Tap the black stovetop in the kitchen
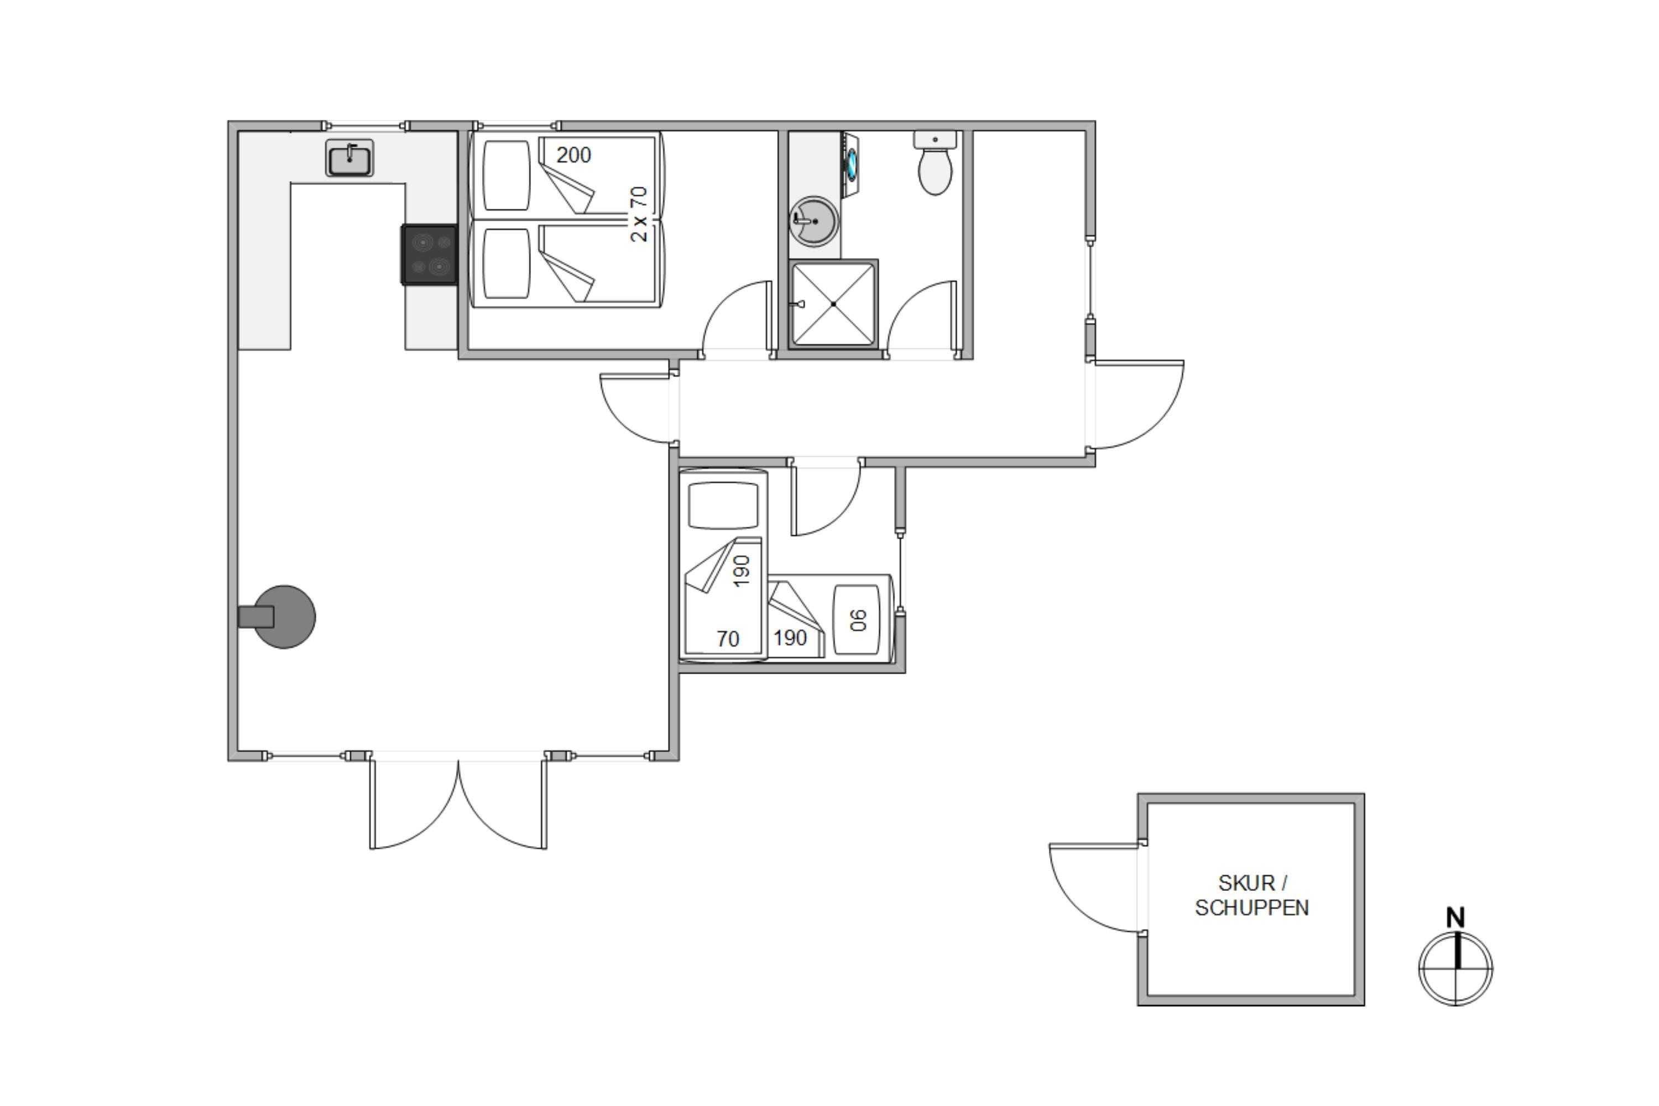430,254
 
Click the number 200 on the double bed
573,155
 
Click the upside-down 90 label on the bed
858,620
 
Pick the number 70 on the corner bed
728,639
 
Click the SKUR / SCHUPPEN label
1252,895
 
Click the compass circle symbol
1456,968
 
